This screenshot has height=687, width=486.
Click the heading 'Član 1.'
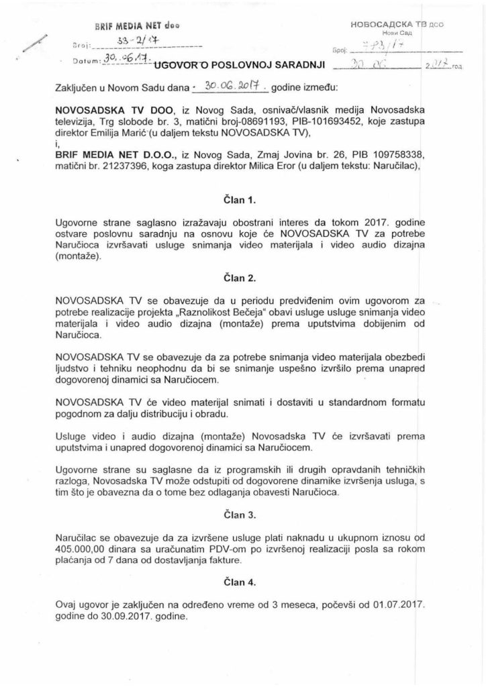point(242,200)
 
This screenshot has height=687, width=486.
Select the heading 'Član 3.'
point(242,515)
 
